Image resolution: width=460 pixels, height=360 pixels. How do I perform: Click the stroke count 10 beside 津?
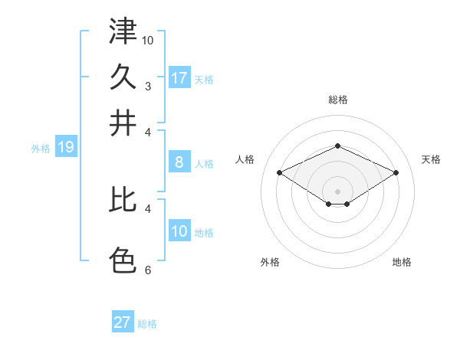coord(148,39)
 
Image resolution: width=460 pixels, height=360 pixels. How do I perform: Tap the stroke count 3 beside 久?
coord(148,86)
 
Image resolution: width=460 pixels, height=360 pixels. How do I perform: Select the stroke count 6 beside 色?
coord(148,270)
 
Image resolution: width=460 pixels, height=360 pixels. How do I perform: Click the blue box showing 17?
coord(179,78)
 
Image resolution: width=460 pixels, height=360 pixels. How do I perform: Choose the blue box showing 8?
coord(179,162)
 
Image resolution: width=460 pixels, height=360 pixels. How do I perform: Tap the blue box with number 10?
coord(179,231)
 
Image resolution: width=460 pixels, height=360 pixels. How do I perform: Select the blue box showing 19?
coord(66,147)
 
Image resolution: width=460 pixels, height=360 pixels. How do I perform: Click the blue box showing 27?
coord(123,322)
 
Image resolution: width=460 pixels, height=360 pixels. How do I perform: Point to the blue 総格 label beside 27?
coord(147,324)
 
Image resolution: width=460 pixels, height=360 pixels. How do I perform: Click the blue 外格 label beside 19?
coord(41,149)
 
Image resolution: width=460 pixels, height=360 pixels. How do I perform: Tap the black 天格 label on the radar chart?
coord(432,159)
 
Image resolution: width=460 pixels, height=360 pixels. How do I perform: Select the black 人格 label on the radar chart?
coord(245,159)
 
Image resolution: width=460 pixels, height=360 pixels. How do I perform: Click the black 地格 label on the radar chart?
coord(402,262)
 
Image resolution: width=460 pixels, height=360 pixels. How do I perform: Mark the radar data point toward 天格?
coord(396,173)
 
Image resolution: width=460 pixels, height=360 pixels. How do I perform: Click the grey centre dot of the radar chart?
coord(338,191)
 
